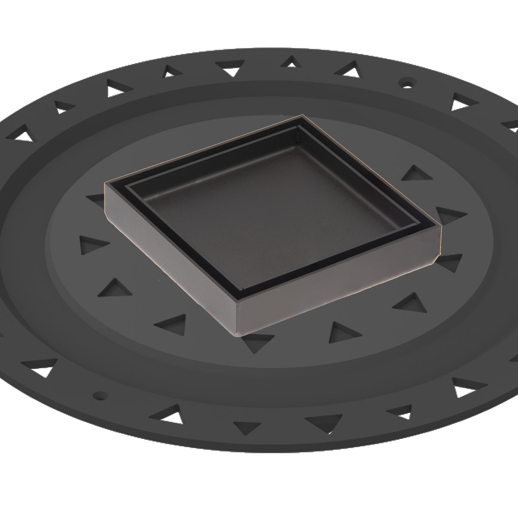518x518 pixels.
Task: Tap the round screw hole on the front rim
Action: coord(100,395)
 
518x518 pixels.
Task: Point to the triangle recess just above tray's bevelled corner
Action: coord(447,213)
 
